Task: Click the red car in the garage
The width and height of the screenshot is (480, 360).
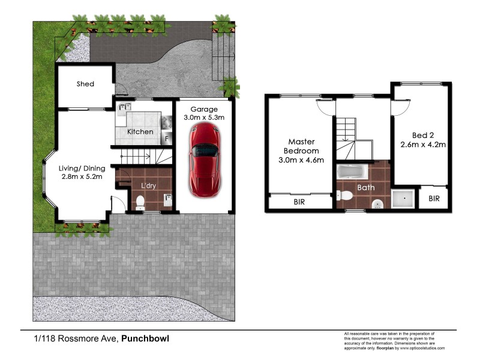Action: (x=204, y=161)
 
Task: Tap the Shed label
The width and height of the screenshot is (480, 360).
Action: (x=85, y=84)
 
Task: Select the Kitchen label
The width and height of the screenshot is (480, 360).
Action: (x=140, y=131)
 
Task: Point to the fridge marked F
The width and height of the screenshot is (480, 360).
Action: (x=166, y=137)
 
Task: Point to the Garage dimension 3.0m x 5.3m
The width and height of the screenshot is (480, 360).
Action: (x=203, y=118)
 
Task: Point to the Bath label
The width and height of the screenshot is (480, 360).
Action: (x=366, y=188)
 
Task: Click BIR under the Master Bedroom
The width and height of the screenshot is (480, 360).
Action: (x=299, y=202)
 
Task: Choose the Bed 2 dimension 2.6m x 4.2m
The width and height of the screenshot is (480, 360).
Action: (x=422, y=145)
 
